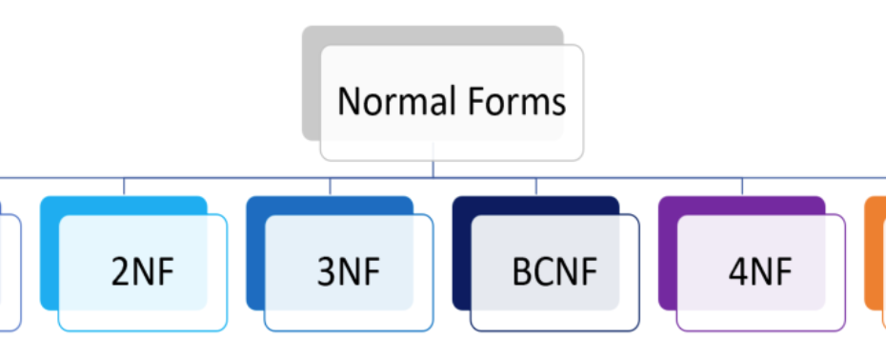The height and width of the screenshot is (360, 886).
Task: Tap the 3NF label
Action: click(349, 272)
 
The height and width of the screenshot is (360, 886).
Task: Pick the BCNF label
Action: click(554, 272)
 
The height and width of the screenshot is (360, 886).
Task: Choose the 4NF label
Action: click(760, 272)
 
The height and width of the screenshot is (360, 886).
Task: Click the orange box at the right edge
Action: click(876, 252)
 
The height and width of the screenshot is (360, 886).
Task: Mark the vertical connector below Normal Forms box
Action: click(433, 168)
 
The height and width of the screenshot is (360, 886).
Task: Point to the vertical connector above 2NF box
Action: click(124, 186)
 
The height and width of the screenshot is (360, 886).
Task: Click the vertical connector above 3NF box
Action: click(330, 186)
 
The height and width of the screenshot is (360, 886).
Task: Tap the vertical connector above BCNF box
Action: click(535, 186)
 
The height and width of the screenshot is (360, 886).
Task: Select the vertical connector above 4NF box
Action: click(742, 186)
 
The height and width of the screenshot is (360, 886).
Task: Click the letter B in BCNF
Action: click(521, 272)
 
